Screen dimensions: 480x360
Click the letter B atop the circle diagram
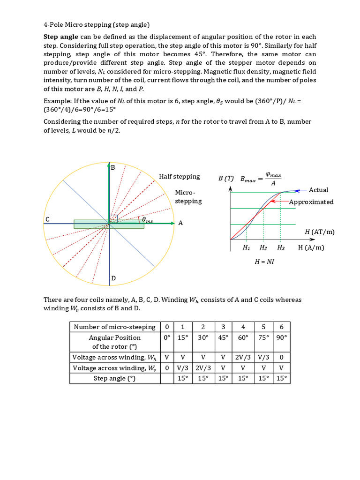point(112,167)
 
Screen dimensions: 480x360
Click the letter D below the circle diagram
point(113,279)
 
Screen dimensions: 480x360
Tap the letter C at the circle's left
point(47,219)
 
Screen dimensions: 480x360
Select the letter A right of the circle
point(180,223)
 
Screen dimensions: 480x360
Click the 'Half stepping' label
point(179,177)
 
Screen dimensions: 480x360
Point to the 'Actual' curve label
point(318,190)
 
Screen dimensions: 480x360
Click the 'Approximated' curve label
point(311,202)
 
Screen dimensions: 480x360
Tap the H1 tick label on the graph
point(246,248)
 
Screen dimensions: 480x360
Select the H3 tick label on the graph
point(281,248)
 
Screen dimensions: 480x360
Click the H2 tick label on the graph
point(263,248)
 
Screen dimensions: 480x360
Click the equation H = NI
point(264,262)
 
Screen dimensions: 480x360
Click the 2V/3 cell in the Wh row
point(243,357)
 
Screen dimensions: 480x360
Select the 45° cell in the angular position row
point(223,337)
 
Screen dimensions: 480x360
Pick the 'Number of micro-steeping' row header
point(114,327)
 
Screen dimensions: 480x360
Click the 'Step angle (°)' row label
point(114,378)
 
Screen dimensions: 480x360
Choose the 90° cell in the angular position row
point(281,337)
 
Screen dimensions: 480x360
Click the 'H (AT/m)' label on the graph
point(320,232)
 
